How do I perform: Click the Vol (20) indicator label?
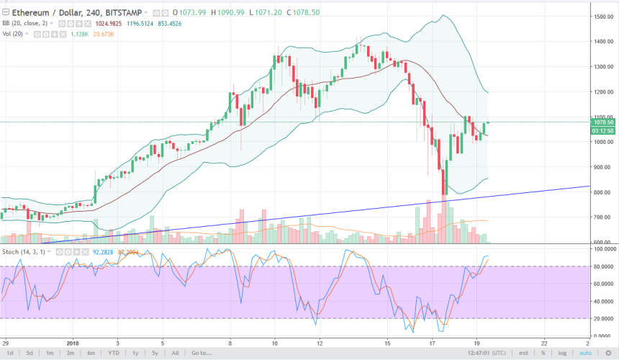14,33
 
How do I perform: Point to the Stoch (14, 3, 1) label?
23,251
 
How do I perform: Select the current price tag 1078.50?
603,123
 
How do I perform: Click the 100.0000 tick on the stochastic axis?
601,248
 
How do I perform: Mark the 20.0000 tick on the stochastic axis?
602,318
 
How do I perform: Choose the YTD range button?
113,354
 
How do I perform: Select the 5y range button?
153,354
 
